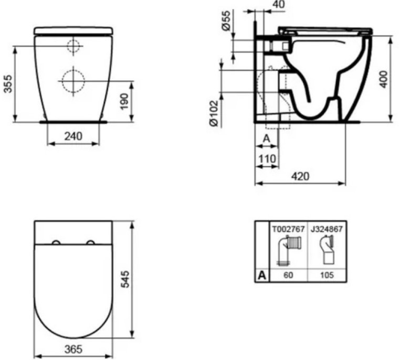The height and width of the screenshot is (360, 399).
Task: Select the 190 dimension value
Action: pos(124,100)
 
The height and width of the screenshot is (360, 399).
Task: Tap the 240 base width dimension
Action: pos(73,136)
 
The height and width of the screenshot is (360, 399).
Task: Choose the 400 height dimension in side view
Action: pos(384,78)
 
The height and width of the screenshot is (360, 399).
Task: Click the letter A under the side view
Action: pos(266,139)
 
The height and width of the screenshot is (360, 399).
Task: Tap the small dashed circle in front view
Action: pos(74,46)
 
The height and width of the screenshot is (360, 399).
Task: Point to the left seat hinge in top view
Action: pos(56,242)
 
